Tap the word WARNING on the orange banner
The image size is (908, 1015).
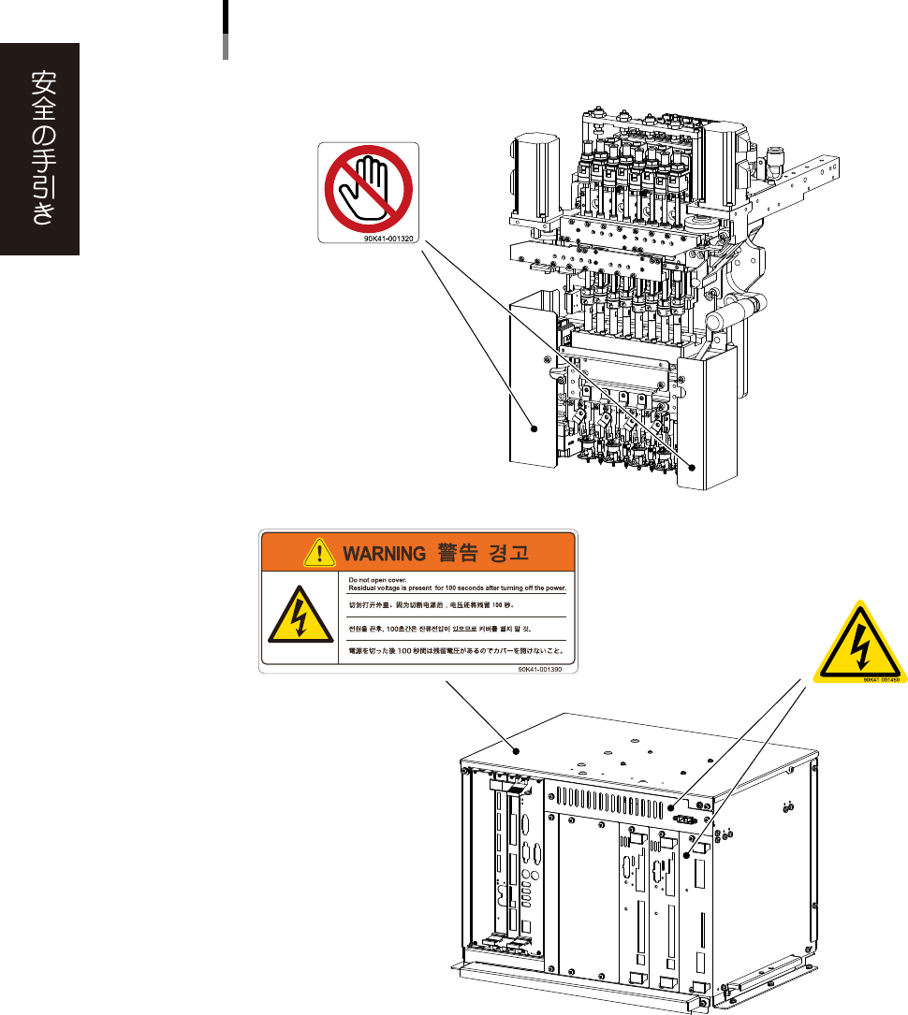point(384,552)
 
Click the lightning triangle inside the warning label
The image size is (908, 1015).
point(298,619)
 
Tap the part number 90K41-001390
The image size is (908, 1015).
point(547,670)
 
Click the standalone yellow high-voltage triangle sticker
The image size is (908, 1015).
point(858,645)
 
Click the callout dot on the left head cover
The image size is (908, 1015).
point(535,429)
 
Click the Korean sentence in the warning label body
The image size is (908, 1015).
point(455,628)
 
